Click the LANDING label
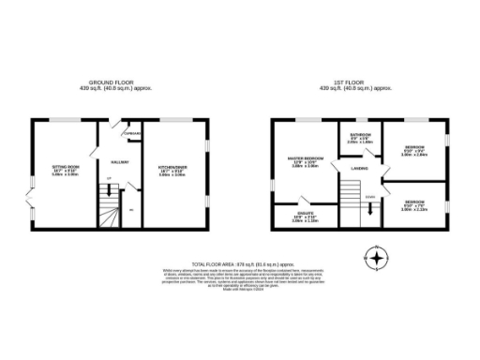(x=359, y=168)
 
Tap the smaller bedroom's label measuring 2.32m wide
(x=413, y=203)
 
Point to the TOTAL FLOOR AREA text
(x=240, y=265)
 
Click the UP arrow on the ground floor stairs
(x=107, y=179)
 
